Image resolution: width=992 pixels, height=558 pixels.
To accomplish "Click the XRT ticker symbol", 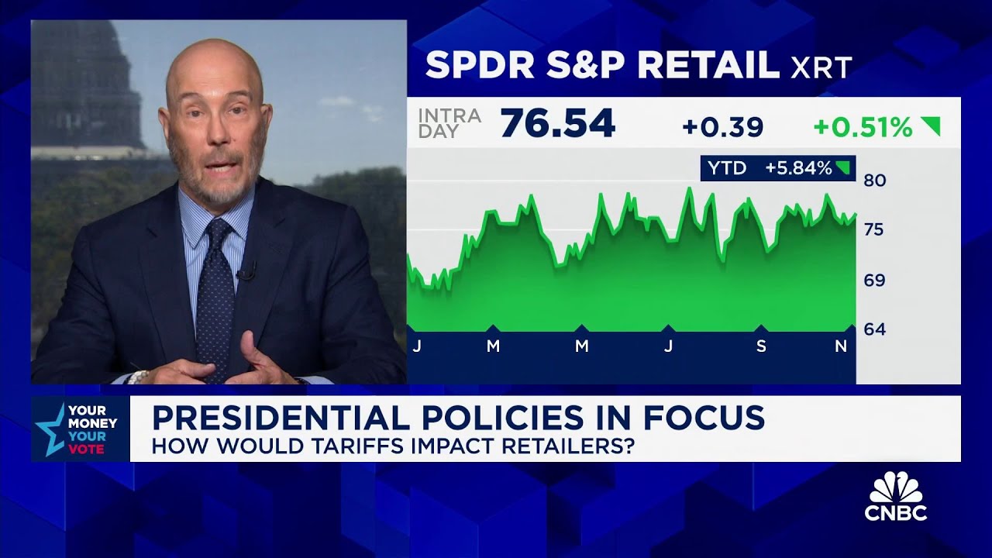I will click(x=821, y=67).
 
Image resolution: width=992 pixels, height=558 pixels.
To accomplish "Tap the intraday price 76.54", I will click(x=558, y=124).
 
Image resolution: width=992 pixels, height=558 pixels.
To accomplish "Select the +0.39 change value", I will click(x=723, y=127).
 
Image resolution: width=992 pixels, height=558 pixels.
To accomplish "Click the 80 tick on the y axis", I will click(x=874, y=181).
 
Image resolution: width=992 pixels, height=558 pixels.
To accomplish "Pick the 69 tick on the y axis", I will click(x=874, y=281).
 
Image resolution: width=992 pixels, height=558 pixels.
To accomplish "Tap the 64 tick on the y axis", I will click(x=874, y=329).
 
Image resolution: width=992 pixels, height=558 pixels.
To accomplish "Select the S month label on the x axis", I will click(x=761, y=347).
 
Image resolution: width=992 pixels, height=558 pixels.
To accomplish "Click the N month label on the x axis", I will click(x=841, y=347).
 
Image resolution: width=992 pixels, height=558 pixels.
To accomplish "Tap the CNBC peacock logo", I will click(x=896, y=488).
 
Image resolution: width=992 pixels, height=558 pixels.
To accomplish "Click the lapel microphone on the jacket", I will click(x=247, y=272).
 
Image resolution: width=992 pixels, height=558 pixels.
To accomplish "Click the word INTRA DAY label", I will click(x=449, y=124).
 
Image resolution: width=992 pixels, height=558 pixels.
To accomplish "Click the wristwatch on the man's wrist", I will click(x=138, y=377).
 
